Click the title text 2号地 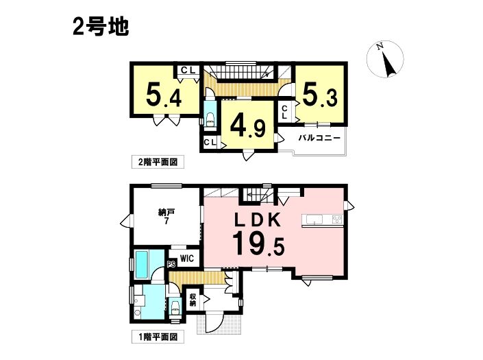(x=101, y=27)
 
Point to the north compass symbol (x=385, y=59)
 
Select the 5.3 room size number (x=320, y=95)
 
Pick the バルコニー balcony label (x=319, y=138)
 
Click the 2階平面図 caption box (x=158, y=162)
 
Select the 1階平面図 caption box (x=158, y=337)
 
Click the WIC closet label (x=187, y=259)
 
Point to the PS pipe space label (x=171, y=264)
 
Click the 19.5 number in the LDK (x=258, y=244)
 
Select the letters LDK (x=258, y=220)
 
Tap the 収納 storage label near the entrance (x=193, y=300)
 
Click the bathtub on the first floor (x=142, y=265)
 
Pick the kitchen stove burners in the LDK (x=337, y=219)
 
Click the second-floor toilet (x=210, y=120)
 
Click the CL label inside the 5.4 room (x=188, y=71)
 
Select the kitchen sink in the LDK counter (x=314, y=219)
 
